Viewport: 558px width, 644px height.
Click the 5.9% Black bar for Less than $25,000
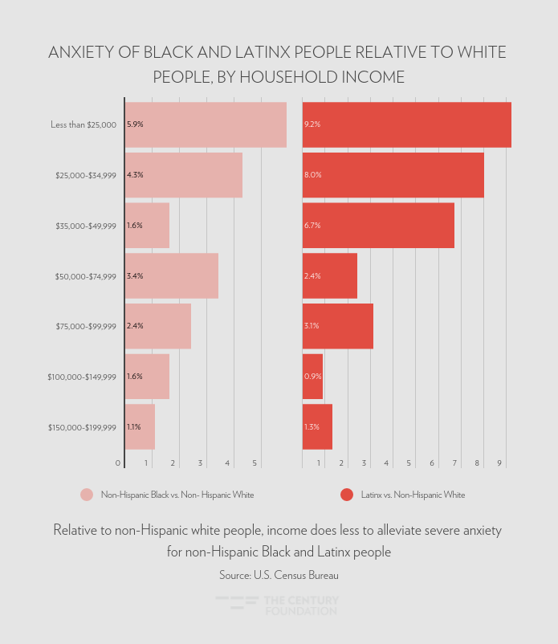tap(206, 124)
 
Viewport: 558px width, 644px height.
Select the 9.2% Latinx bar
tap(406, 124)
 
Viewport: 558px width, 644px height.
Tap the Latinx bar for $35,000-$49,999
tap(378, 226)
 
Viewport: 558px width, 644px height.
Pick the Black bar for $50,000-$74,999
tap(172, 276)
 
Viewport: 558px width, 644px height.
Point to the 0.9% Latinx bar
tap(313, 377)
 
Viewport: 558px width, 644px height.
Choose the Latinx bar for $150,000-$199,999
tap(318, 427)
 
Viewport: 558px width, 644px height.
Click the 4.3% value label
tap(135, 175)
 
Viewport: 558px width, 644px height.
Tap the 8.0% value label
tap(312, 175)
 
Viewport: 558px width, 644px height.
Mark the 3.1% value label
tap(312, 326)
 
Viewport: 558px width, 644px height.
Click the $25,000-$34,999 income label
tap(86, 175)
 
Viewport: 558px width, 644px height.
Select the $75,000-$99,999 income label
tap(86, 326)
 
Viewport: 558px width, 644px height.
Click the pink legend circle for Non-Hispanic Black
tap(87, 495)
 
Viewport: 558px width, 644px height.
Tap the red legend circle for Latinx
tap(347, 495)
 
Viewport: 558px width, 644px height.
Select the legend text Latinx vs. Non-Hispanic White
tap(413, 495)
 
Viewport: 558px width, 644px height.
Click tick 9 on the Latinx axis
tap(499, 463)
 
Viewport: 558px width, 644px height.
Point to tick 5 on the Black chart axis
tap(255, 463)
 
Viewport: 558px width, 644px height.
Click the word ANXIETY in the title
tap(85, 53)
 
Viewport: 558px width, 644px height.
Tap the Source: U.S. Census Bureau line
tap(279, 575)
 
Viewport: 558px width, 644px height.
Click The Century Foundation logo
tap(278, 605)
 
